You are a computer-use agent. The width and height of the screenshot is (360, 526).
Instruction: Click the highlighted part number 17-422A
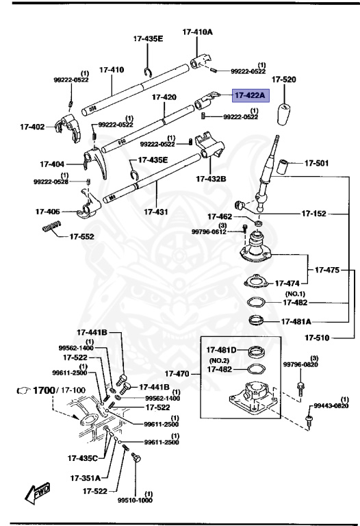[253, 96]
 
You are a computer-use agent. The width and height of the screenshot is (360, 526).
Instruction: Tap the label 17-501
[317, 163]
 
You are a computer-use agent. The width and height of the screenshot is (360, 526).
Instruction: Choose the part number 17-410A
[197, 32]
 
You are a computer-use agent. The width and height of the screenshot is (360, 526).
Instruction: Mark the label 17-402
[32, 126]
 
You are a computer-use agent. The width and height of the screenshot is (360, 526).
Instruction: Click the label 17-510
[318, 337]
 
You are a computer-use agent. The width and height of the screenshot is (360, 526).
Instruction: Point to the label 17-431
[157, 212]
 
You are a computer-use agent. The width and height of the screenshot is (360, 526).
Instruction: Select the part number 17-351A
[86, 477]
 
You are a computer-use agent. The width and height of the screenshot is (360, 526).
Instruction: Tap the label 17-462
[219, 216]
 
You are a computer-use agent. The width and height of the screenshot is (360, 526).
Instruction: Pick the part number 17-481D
[222, 351]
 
